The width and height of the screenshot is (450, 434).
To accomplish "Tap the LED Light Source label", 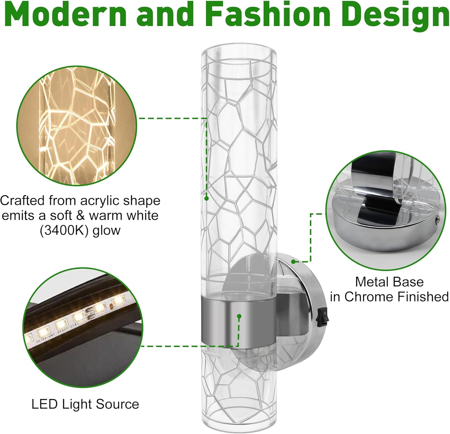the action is tap(85, 404).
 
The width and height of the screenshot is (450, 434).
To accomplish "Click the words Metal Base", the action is tap(389, 282).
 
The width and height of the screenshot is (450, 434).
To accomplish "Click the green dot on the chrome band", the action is tap(239, 316).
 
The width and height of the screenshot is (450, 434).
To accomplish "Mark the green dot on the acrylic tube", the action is tap(206, 198).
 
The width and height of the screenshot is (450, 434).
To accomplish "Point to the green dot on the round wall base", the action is tap(293, 261).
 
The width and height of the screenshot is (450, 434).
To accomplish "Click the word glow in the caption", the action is tap(106, 231).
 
